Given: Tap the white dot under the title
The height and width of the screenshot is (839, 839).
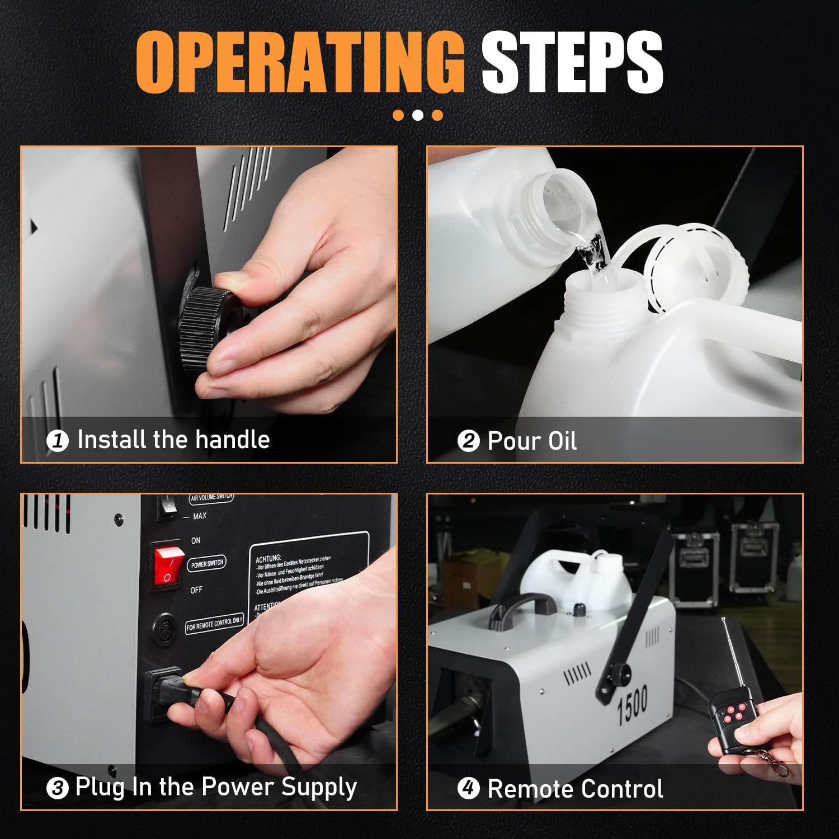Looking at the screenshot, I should [418, 115].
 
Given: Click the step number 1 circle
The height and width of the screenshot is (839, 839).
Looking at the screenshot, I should [57, 441].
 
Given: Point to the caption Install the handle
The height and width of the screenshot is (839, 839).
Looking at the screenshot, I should [173, 440].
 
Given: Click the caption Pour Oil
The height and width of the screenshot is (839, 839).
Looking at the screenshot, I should [531, 441].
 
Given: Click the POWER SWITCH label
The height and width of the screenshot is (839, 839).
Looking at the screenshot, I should [206, 564].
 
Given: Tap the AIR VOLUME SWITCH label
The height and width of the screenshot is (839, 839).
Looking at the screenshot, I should [211, 497].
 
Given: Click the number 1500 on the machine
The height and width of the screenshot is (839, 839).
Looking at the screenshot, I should [633, 706].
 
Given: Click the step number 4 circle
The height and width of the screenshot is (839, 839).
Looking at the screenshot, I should [468, 789].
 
